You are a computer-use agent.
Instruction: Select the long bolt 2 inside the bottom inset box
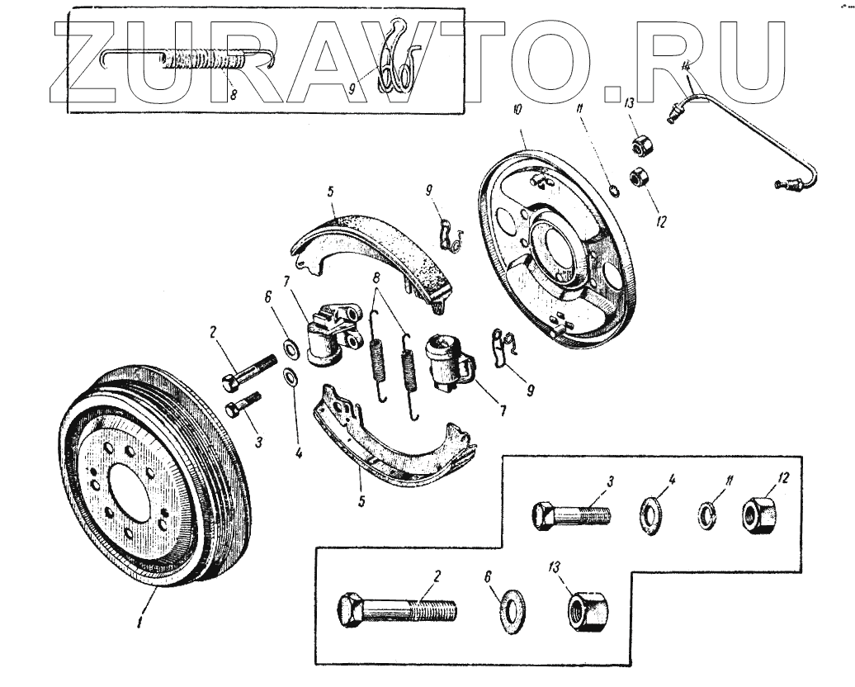[396, 612]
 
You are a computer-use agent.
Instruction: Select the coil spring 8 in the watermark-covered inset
[202, 60]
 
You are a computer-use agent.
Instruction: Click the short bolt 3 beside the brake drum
[243, 405]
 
